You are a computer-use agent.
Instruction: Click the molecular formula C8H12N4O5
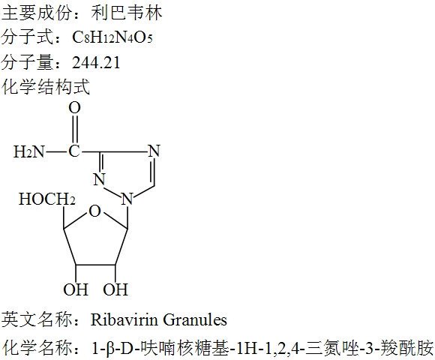pos(112,37)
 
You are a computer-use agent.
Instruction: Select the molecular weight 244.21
pos(96,62)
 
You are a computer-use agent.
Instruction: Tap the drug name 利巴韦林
pos(126,13)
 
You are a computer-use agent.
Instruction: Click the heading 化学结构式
pos(46,86)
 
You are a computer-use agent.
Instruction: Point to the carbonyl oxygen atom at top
pos(75,108)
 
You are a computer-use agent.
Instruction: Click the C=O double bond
pos(75,130)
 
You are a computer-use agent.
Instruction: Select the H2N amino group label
pos(29,151)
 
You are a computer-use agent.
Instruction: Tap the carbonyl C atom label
pos(74,151)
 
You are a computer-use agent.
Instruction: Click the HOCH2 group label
pos(47,199)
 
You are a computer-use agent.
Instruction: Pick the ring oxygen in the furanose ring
pos(95,211)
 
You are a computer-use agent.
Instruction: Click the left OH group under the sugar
pos(76,289)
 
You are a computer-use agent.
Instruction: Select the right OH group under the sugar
pos(115,289)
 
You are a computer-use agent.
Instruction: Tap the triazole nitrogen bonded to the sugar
pos(127,199)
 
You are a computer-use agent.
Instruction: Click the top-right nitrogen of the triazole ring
pos(154,151)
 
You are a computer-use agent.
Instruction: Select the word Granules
pos(195,319)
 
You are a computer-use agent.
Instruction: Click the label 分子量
pos(27,62)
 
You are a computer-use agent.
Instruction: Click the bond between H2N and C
pos(56,152)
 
